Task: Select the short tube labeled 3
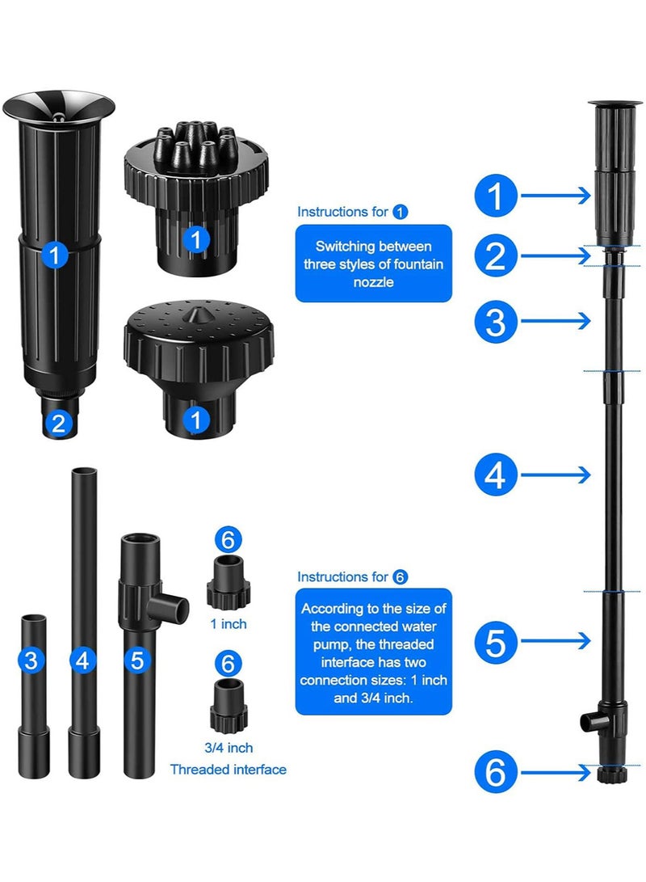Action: (x=33, y=695)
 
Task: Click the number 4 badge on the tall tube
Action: (x=82, y=661)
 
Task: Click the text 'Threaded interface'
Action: (x=228, y=769)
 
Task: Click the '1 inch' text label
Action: (x=228, y=624)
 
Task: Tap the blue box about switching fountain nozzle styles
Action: (x=373, y=263)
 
